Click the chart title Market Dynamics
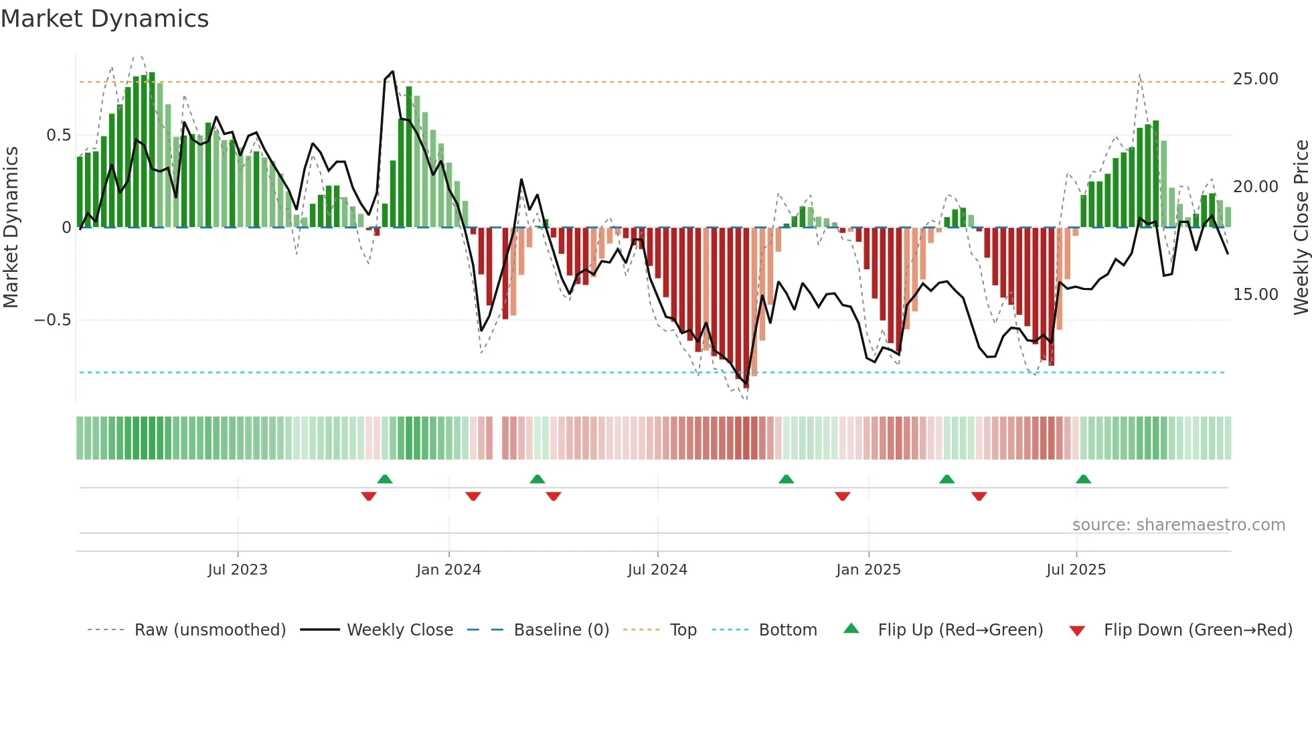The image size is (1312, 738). point(105,19)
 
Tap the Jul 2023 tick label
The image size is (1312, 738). point(238,570)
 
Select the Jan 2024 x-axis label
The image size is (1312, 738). point(448,570)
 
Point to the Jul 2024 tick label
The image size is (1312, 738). point(657,570)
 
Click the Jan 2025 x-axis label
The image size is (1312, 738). point(868,570)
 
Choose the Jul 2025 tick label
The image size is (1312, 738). point(1076,570)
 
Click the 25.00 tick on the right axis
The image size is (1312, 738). point(1255,79)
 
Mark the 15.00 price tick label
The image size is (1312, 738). point(1255,295)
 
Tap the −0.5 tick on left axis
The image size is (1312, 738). point(52,320)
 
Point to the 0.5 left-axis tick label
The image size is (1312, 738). point(58,135)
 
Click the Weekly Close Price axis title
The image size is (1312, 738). point(1301,227)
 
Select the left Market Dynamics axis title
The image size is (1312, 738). point(11,227)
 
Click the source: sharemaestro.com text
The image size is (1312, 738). point(1178,525)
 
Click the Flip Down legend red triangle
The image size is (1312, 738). point(1077,631)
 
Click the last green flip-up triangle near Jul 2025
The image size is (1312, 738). point(1083,479)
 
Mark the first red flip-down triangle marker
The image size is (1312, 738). point(368,496)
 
